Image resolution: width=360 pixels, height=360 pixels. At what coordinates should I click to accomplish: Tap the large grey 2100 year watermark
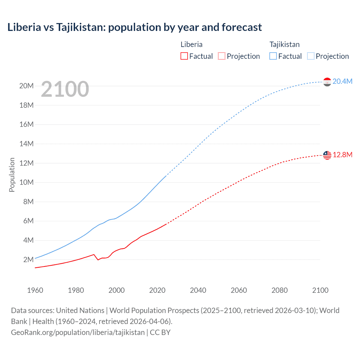pyautogui.click(x=65, y=89)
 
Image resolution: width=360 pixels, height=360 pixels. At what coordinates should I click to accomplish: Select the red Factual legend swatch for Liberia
pyautogui.click(x=184, y=56)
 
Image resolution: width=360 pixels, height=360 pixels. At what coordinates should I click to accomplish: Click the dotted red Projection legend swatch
pyautogui.click(x=222, y=56)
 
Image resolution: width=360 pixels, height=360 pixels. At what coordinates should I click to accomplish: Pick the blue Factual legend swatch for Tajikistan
pyautogui.click(x=273, y=56)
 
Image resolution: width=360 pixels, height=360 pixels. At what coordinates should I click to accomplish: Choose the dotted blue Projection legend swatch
pyautogui.click(x=311, y=56)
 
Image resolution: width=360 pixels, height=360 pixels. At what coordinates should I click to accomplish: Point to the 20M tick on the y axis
pyautogui.click(x=26, y=86)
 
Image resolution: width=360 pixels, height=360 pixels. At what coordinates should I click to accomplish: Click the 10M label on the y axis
pyautogui.click(x=26, y=182)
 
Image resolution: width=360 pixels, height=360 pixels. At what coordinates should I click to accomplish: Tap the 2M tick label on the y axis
pyautogui.click(x=28, y=260)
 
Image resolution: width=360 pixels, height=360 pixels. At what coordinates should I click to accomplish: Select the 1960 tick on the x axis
pyautogui.click(x=35, y=290)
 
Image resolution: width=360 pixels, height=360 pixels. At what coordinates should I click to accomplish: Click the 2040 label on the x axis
pyautogui.click(x=198, y=290)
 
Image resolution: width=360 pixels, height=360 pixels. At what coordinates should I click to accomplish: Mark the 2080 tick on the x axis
pyautogui.click(x=280, y=290)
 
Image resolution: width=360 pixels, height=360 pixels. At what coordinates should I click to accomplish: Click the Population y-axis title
pyautogui.click(x=12, y=175)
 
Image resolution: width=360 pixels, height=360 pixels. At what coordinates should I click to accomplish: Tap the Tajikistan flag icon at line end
pyautogui.click(x=327, y=82)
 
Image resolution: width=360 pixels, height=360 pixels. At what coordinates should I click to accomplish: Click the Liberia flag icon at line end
pyautogui.click(x=327, y=155)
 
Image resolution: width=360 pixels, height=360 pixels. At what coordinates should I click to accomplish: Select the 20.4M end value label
pyautogui.click(x=342, y=81)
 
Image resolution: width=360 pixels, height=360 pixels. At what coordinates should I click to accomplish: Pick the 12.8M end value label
pyautogui.click(x=342, y=155)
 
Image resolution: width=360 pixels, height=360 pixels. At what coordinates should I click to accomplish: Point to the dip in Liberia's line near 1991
pyautogui.click(x=98, y=260)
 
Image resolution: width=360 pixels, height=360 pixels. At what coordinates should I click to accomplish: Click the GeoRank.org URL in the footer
pyautogui.click(x=78, y=332)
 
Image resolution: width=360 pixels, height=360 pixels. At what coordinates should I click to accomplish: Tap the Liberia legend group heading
pyautogui.click(x=191, y=44)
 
